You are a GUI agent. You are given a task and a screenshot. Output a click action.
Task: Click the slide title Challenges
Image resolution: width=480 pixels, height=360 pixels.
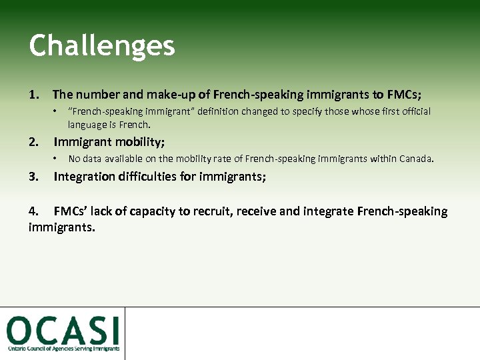click(101, 46)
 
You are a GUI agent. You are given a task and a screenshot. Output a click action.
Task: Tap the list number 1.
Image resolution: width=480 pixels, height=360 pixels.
click(34, 95)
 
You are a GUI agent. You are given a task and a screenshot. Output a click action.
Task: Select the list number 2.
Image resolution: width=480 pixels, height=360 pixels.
click(34, 141)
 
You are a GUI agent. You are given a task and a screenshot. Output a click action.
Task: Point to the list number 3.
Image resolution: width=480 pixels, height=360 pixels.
click(34, 177)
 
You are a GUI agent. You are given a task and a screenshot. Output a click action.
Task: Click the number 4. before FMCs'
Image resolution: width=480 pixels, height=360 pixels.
click(34, 211)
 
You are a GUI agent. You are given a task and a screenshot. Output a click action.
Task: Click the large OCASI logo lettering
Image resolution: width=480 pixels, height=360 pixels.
click(63, 330)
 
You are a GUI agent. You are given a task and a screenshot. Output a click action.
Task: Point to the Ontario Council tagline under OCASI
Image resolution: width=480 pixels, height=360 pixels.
click(63, 349)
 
